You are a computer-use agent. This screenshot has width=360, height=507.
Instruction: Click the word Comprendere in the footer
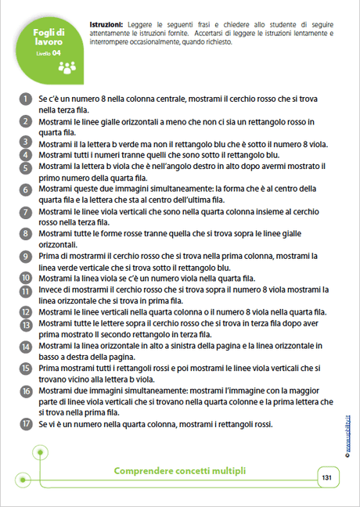(148, 471)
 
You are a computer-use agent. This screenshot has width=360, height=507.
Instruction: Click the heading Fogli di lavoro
(54, 37)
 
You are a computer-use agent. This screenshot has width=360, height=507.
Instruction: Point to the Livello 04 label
(49, 53)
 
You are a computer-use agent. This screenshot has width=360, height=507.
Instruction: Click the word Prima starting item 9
(51, 256)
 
